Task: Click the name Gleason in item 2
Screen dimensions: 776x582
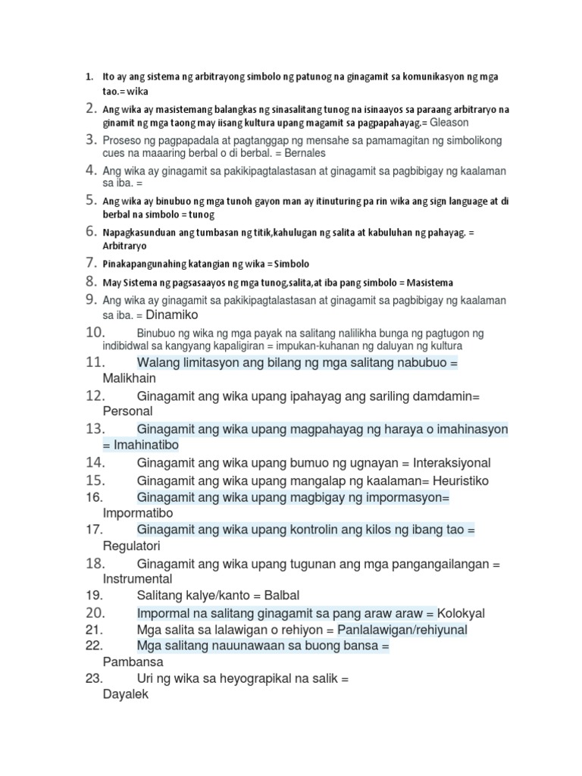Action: tap(449, 122)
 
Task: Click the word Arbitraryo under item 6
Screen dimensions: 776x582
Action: tap(125, 246)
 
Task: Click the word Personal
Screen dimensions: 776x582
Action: tap(127, 411)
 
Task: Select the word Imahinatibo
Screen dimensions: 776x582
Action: tap(146, 445)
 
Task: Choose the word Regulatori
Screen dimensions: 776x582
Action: tap(132, 546)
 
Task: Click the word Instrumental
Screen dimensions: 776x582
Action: tap(137, 578)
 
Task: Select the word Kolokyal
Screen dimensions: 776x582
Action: tap(462, 613)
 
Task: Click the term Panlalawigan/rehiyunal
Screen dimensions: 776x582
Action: tap(402, 630)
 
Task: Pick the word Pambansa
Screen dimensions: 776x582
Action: tap(133, 662)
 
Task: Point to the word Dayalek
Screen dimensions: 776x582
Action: tap(126, 694)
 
